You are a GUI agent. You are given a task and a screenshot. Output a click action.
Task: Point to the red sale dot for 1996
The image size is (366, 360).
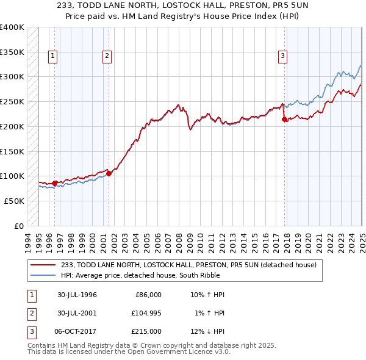[x=55, y=183]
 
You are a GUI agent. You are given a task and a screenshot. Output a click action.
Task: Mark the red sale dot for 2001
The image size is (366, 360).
[x=109, y=173]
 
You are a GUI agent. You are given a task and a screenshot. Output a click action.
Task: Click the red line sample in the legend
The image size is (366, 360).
[x=43, y=265]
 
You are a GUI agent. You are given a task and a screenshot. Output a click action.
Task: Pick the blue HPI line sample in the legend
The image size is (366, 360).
[x=43, y=275]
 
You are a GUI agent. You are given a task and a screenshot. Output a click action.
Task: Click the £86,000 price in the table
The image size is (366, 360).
[x=148, y=295]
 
